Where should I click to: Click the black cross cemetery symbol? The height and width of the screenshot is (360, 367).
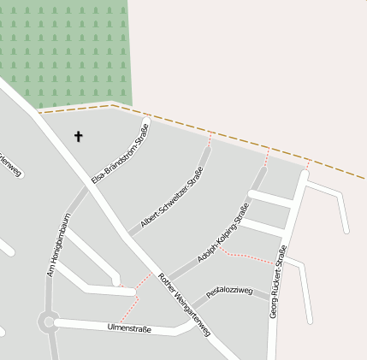coord(79,136)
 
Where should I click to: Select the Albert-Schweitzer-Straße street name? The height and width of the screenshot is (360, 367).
coord(172,198)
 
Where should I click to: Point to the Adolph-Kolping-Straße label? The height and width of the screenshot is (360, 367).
coord(223,232)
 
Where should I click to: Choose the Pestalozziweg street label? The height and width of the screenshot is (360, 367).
coord(229,292)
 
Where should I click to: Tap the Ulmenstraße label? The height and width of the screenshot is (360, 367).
coord(130,328)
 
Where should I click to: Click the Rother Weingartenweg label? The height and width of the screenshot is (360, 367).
coord(185,304)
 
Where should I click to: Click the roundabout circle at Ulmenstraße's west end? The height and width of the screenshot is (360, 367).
coord(48,322)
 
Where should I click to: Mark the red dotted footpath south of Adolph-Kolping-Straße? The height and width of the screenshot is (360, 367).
coord(248,256)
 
